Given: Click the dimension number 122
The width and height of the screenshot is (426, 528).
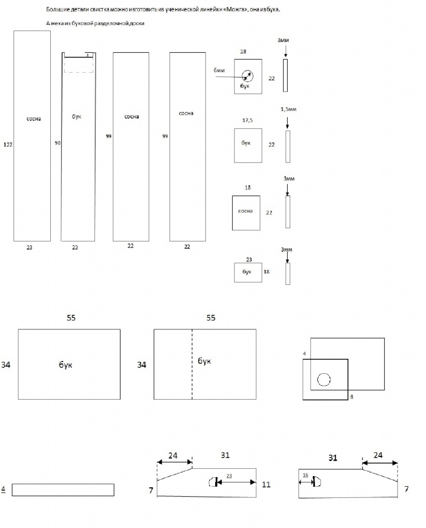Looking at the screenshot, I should coord(7,144).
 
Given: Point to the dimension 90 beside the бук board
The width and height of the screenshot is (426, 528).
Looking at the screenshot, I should coord(58,143).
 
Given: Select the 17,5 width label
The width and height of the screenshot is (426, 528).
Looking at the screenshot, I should coord(247,120).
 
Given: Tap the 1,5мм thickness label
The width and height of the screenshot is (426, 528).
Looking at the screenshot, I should coord(288,109).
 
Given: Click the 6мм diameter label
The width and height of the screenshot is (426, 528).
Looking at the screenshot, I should coord(219,71).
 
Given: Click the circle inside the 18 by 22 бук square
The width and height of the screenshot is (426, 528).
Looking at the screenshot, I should coord(247,76).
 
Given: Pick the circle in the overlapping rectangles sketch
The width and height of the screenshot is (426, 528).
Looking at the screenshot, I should coord(324,379).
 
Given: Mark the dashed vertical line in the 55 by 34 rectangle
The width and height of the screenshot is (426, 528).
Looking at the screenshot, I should coord(192,364).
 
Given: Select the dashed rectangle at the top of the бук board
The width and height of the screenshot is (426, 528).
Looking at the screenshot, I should coord(78,65).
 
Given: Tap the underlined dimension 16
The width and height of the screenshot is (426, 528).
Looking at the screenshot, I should coord(305,475).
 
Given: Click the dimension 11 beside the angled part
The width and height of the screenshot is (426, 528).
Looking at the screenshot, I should coord(266,484).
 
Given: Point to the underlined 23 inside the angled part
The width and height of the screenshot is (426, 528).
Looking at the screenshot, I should coord(229,476).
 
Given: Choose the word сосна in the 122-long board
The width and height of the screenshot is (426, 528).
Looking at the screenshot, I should coord(34,119).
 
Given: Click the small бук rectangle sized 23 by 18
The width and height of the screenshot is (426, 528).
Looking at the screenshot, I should coord(248,272).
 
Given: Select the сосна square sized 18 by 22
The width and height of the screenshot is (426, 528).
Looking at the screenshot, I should coord(246,213).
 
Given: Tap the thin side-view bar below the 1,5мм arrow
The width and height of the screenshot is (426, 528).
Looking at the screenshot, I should coord(288,146).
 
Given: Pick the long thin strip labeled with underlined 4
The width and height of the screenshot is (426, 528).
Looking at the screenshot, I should coord(63,490).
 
